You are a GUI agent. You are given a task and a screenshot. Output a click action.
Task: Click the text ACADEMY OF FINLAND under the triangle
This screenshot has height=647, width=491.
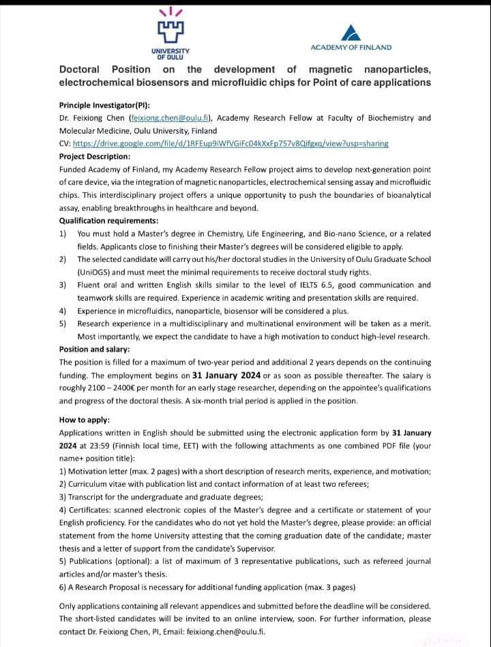coord(351,47)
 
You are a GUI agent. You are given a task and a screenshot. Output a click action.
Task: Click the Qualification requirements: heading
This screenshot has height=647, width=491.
coord(108,220)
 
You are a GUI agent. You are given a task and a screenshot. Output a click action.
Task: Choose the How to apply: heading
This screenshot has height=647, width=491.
coord(84,420)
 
